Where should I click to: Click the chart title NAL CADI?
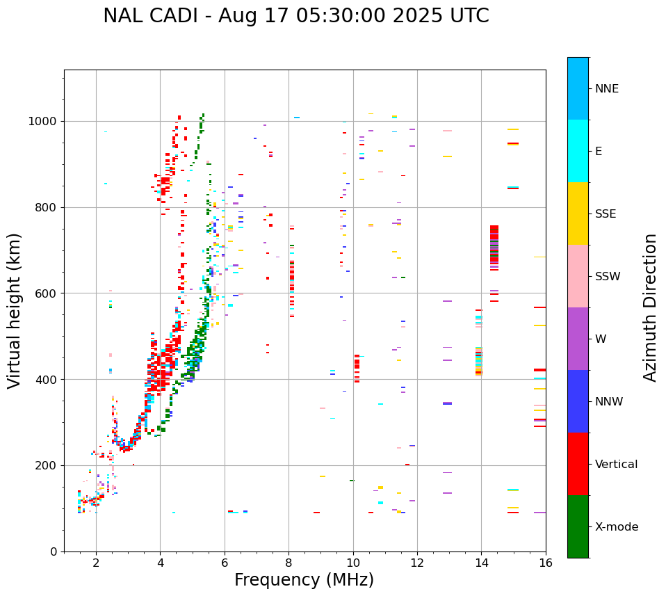295,16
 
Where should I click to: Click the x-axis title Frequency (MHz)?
304,580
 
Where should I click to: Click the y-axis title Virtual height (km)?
15,310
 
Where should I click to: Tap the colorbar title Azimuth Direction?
650,307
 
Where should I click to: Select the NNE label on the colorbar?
606,89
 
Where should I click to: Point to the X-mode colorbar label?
616,527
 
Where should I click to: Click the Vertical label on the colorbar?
616,465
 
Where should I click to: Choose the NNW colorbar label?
609,402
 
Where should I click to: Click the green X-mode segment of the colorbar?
578,526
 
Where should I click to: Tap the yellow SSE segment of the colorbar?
578,214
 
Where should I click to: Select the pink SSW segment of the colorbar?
578,276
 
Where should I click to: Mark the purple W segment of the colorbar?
578,339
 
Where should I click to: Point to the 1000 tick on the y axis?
44,122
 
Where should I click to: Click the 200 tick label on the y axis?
47,465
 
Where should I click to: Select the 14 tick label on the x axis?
481,563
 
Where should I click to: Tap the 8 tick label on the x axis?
289,563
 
